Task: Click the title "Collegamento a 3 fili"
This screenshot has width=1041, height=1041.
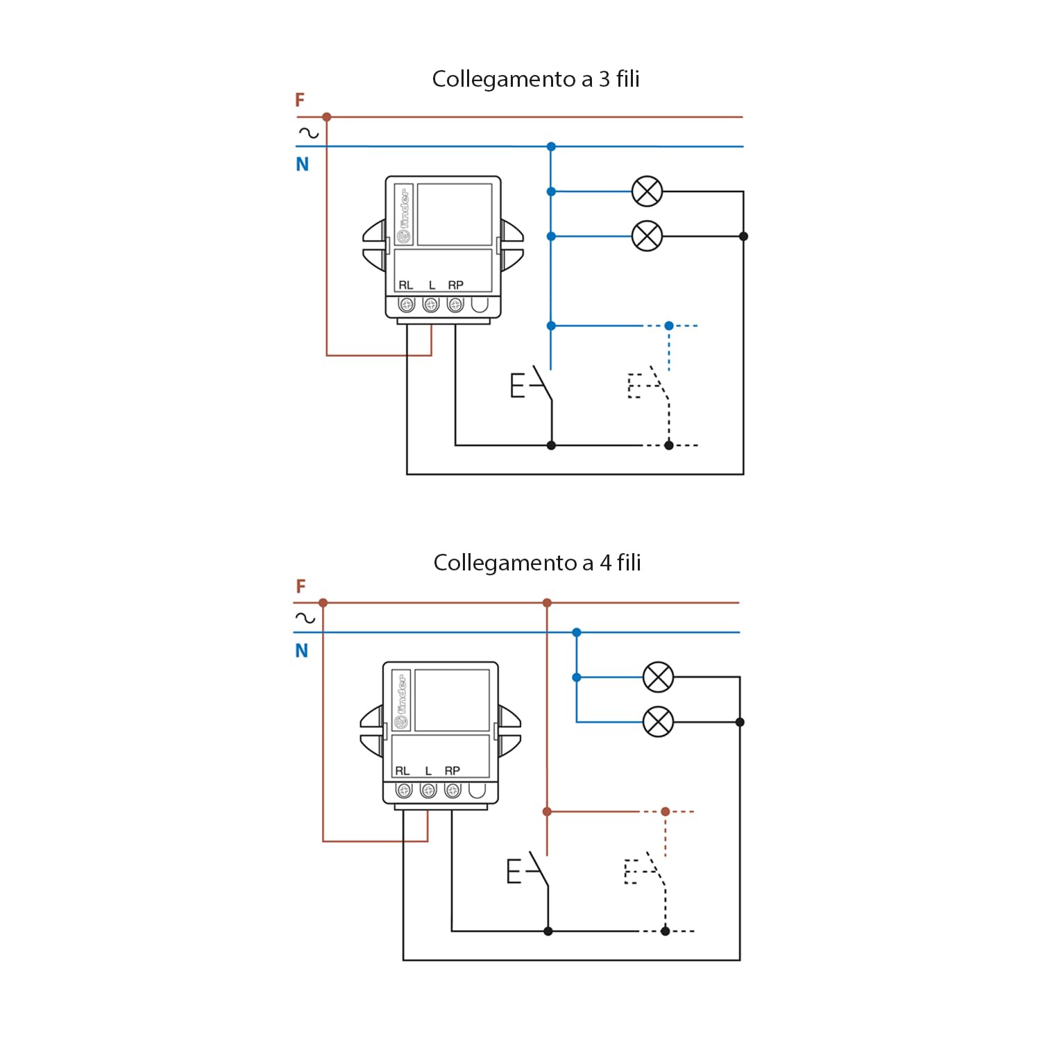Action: pos(536,79)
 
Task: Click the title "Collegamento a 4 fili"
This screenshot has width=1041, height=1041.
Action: pos(537,563)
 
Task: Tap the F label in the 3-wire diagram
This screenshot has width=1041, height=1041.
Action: pos(300,100)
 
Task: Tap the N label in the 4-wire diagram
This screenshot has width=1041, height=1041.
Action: pos(301,651)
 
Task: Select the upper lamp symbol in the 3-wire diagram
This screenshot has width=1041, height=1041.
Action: pos(648,192)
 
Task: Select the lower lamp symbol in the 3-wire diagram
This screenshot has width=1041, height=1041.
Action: pos(648,236)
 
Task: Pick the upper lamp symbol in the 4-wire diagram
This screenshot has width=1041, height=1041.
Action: pos(658,677)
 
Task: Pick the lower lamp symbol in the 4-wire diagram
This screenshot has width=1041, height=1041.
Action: pos(658,722)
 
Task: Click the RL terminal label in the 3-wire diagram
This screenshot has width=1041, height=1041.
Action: pos(405,285)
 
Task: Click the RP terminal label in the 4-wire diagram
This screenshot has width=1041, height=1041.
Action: pos(452,771)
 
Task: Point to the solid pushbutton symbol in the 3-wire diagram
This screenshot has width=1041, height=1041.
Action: pos(532,384)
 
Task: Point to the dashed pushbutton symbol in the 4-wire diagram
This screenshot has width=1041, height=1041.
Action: pos(645,870)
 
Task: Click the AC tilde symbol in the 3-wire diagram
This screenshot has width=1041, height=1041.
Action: pos(308,133)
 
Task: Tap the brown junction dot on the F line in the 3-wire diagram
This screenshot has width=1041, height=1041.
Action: pos(327,117)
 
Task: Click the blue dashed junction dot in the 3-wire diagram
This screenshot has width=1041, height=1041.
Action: pos(669,325)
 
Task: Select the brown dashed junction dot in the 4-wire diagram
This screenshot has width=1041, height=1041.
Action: pos(666,811)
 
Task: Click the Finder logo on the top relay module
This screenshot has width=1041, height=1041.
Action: pos(403,215)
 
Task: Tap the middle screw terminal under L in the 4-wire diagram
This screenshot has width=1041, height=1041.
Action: pos(428,790)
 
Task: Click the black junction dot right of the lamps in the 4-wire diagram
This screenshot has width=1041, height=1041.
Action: pos(740,722)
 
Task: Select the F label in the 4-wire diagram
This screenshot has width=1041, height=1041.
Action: pos(301,586)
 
